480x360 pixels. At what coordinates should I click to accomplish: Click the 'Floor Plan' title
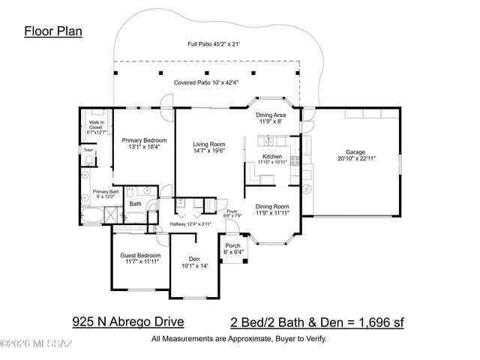tap(53, 31)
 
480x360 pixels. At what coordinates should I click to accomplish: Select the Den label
tap(193, 261)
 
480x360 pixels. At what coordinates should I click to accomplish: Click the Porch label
tap(233, 249)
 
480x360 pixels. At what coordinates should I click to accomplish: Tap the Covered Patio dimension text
tap(204, 82)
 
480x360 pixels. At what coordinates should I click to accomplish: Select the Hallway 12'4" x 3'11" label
tap(190, 223)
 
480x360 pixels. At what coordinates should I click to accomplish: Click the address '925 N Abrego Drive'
tap(127, 322)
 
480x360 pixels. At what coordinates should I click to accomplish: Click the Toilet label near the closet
tap(88, 150)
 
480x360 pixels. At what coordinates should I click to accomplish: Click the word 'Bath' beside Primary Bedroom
tap(135, 203)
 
